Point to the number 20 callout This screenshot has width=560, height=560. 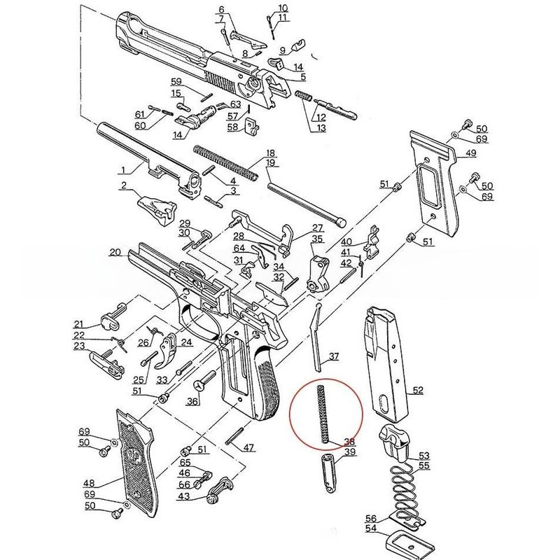(x=115, y=253)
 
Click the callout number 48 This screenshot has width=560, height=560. (x=90, y=482)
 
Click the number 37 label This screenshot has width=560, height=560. (x=334, y=357)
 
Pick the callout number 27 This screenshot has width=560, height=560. (x=318, y=228)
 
